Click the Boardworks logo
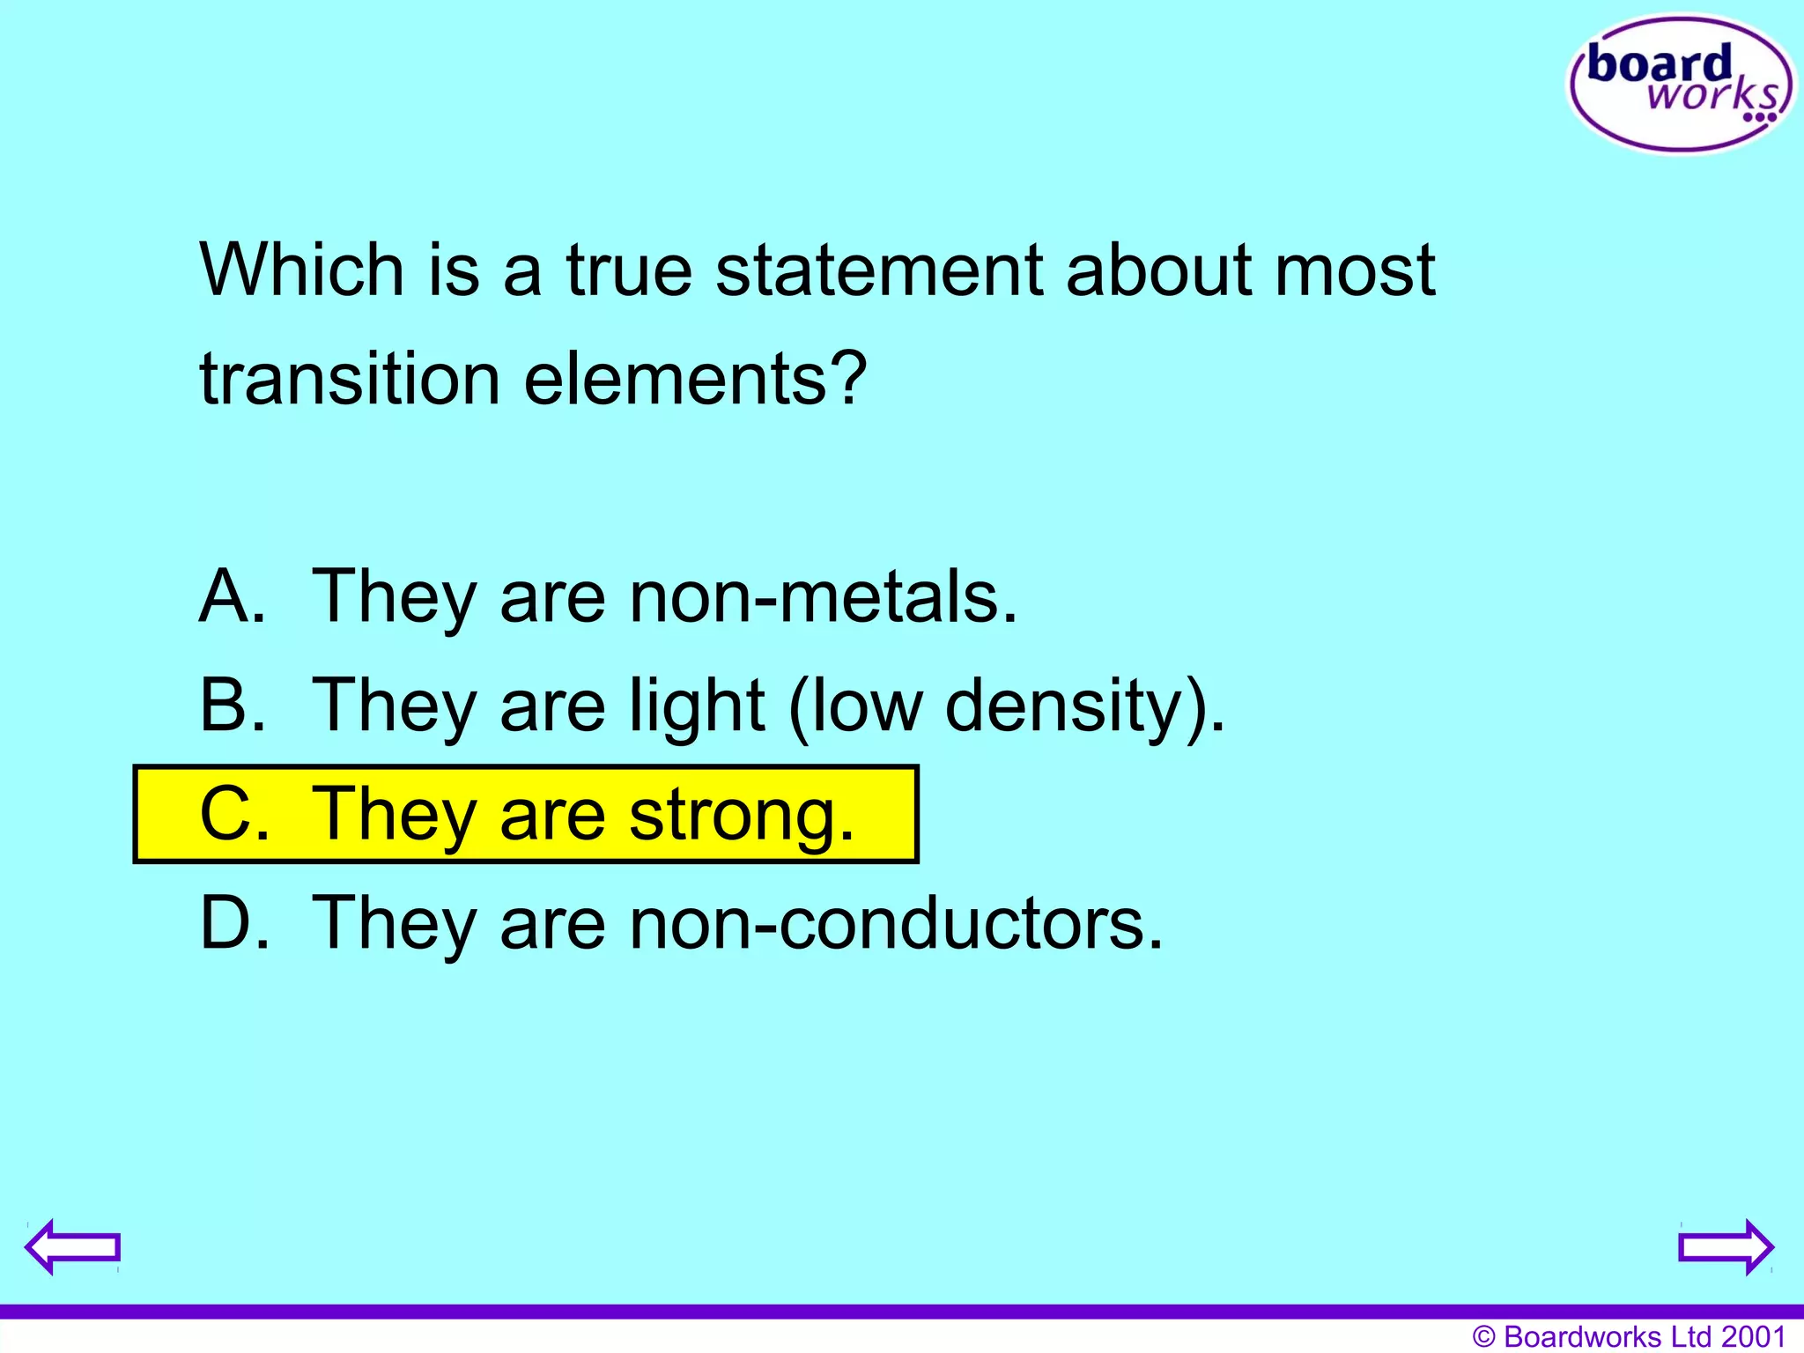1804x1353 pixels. coord(1681,85)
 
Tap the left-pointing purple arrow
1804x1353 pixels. coord(72,1246)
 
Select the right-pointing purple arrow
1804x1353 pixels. coord(1726,1246)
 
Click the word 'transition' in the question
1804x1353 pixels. coord(350,379)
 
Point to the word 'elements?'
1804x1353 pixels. coord(695,379)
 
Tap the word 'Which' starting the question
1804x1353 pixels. coord(301,270)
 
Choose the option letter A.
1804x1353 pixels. coord(231,596)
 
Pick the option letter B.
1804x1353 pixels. coord(231,705)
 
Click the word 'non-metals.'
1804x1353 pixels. coord(823,596)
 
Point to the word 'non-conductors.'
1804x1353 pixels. coord(896,923)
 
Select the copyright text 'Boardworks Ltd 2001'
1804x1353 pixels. coord(1644,1336)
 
